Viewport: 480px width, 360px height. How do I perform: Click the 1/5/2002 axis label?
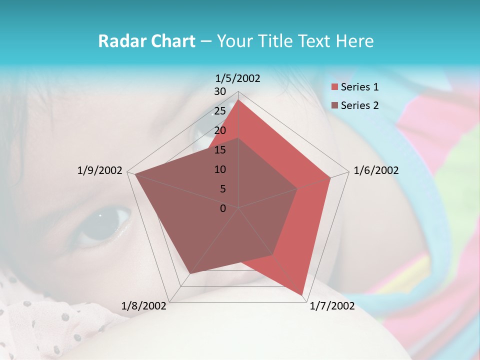point(238,78)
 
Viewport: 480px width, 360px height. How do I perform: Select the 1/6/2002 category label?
point(376,170)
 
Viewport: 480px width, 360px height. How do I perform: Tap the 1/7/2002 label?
point(332,306)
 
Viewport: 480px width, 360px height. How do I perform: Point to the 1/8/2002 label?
point(144,306)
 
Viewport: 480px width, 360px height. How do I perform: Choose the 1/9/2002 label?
point(100,170)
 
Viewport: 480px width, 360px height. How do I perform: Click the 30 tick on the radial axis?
point(220,91)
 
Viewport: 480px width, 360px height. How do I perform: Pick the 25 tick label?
point(220,111)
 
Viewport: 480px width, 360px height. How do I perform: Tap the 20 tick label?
point(220,130)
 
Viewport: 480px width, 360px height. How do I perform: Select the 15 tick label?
point(220,150)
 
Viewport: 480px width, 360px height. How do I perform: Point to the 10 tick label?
point(220,169)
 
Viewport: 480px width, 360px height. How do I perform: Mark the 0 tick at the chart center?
point(223,208)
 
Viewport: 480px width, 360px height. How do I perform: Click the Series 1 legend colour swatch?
point(335,87)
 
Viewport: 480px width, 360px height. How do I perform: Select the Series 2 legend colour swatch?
point(335,105)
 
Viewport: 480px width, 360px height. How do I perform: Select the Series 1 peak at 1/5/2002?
point(238,100)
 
